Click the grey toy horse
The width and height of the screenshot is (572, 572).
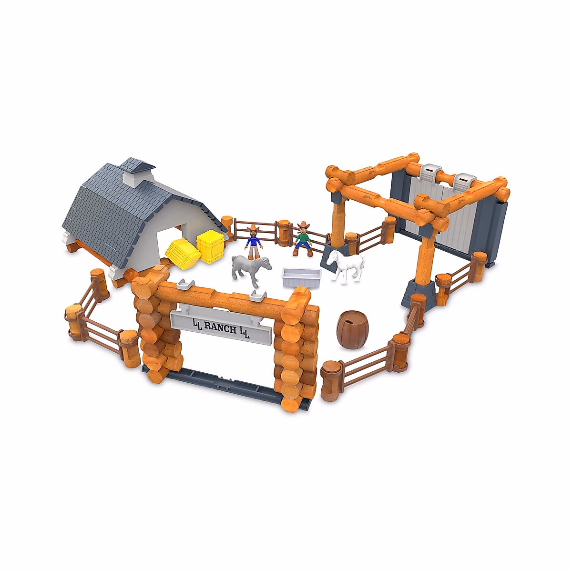(x=249, y=269)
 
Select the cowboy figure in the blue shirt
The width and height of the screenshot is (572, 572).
(x=254, y=241)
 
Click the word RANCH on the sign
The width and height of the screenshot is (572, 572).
(x=220, y=328)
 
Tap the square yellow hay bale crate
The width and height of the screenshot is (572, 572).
(x=210, y=246)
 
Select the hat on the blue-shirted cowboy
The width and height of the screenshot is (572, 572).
(x=253, y=228)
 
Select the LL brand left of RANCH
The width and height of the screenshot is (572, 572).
(x=197, y=325)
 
